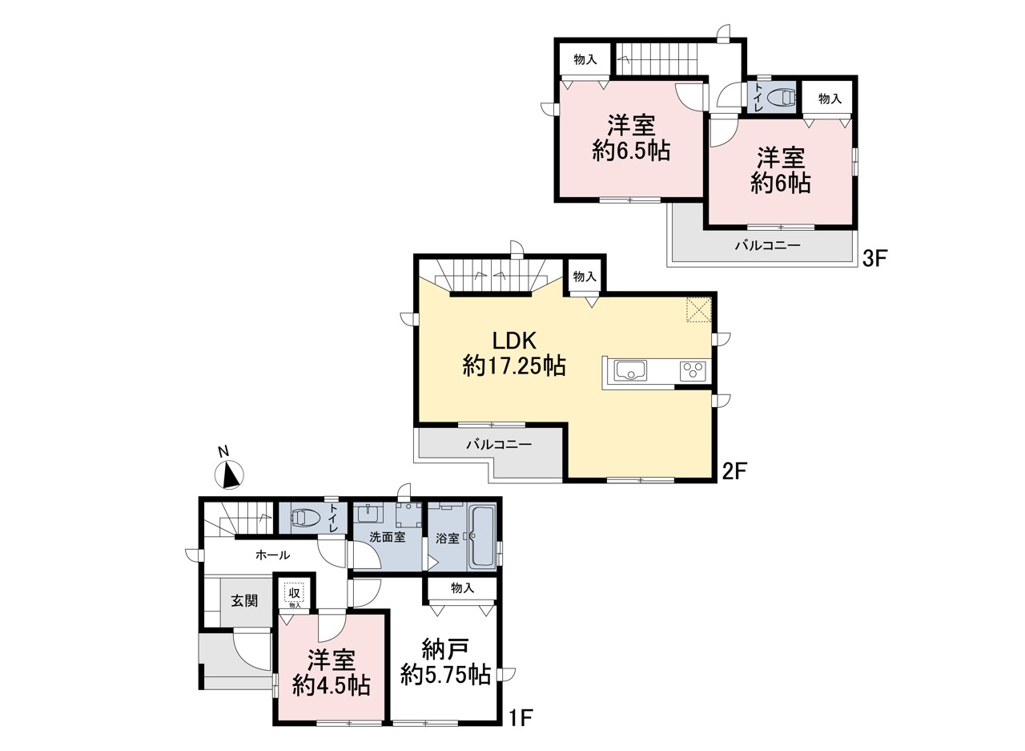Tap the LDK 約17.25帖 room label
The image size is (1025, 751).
click(514, 353)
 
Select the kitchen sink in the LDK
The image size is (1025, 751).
click(630, 370)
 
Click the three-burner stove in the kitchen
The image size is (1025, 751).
click(693, 371)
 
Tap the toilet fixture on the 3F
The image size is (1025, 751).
click(782, 98)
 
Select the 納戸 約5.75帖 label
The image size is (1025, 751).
click(445, 663)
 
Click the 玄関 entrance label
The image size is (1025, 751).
click(244, 600)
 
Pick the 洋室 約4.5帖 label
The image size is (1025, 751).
click(332, 672)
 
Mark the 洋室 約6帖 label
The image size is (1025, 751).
click(781, 170)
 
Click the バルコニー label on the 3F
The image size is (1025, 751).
click(768, 246)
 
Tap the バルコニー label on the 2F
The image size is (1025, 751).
click(499, 444)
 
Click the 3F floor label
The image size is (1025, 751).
click(875, 259)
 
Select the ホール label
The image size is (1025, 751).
click(273, 555)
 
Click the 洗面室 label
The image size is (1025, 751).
click(387, 537)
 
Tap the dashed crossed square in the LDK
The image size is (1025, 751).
click(698, 309)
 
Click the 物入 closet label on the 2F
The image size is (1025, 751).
click(585, 277)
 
